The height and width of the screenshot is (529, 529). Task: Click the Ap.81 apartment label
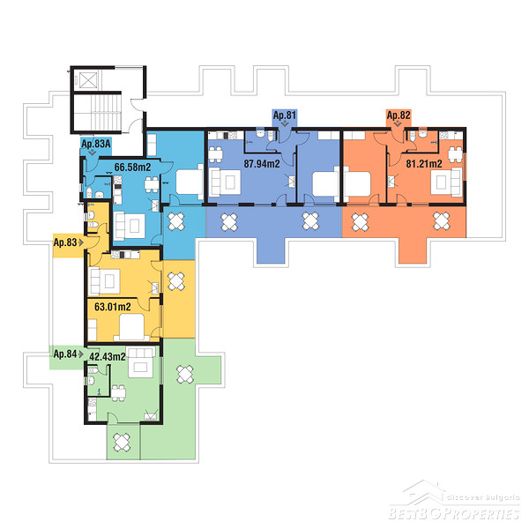[285, 115]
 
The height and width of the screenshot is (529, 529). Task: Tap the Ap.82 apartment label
[399, 115]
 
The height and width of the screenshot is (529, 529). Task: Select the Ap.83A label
[96, 144]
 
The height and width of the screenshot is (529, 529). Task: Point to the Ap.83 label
[65, 242]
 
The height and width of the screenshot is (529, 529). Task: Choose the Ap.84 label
[65, 354]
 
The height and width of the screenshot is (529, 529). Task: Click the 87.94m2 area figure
[262, 164]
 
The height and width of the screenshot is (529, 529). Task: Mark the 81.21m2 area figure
[424, 164]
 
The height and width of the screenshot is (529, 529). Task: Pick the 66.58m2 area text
[132, 167]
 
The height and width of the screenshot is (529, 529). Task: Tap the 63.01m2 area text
[113, 307]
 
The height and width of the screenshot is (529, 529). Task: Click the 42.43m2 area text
[108, 356]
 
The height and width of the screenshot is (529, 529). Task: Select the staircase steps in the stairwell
[106, 112]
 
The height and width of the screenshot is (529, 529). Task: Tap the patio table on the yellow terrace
[176, 281]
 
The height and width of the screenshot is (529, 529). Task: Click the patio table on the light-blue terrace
[176, 221]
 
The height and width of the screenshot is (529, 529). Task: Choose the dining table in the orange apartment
[455, 154]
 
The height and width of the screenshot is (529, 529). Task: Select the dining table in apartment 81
[215, 155]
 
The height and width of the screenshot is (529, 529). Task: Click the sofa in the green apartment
[142, 362]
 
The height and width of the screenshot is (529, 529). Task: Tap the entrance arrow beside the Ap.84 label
[81, 354]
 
